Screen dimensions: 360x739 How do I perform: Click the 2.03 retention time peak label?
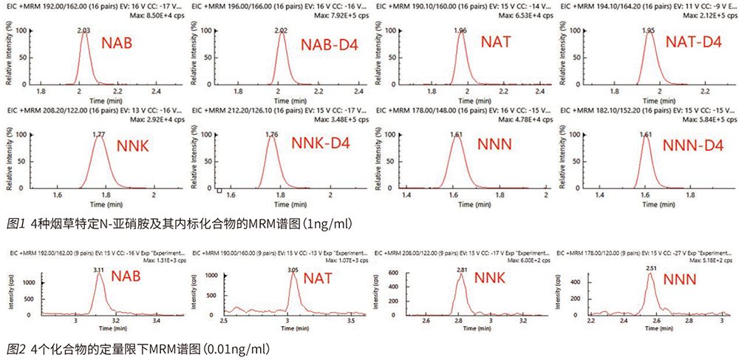pyautogui.click(x=84, y=30)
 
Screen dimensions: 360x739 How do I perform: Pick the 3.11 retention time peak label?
pyautogui.click(x=98, y=271)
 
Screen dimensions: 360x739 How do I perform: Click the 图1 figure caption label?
pyautogui.click(x=14, y=223)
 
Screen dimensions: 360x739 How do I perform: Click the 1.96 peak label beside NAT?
pyautogui.click(x=461, y=30)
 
